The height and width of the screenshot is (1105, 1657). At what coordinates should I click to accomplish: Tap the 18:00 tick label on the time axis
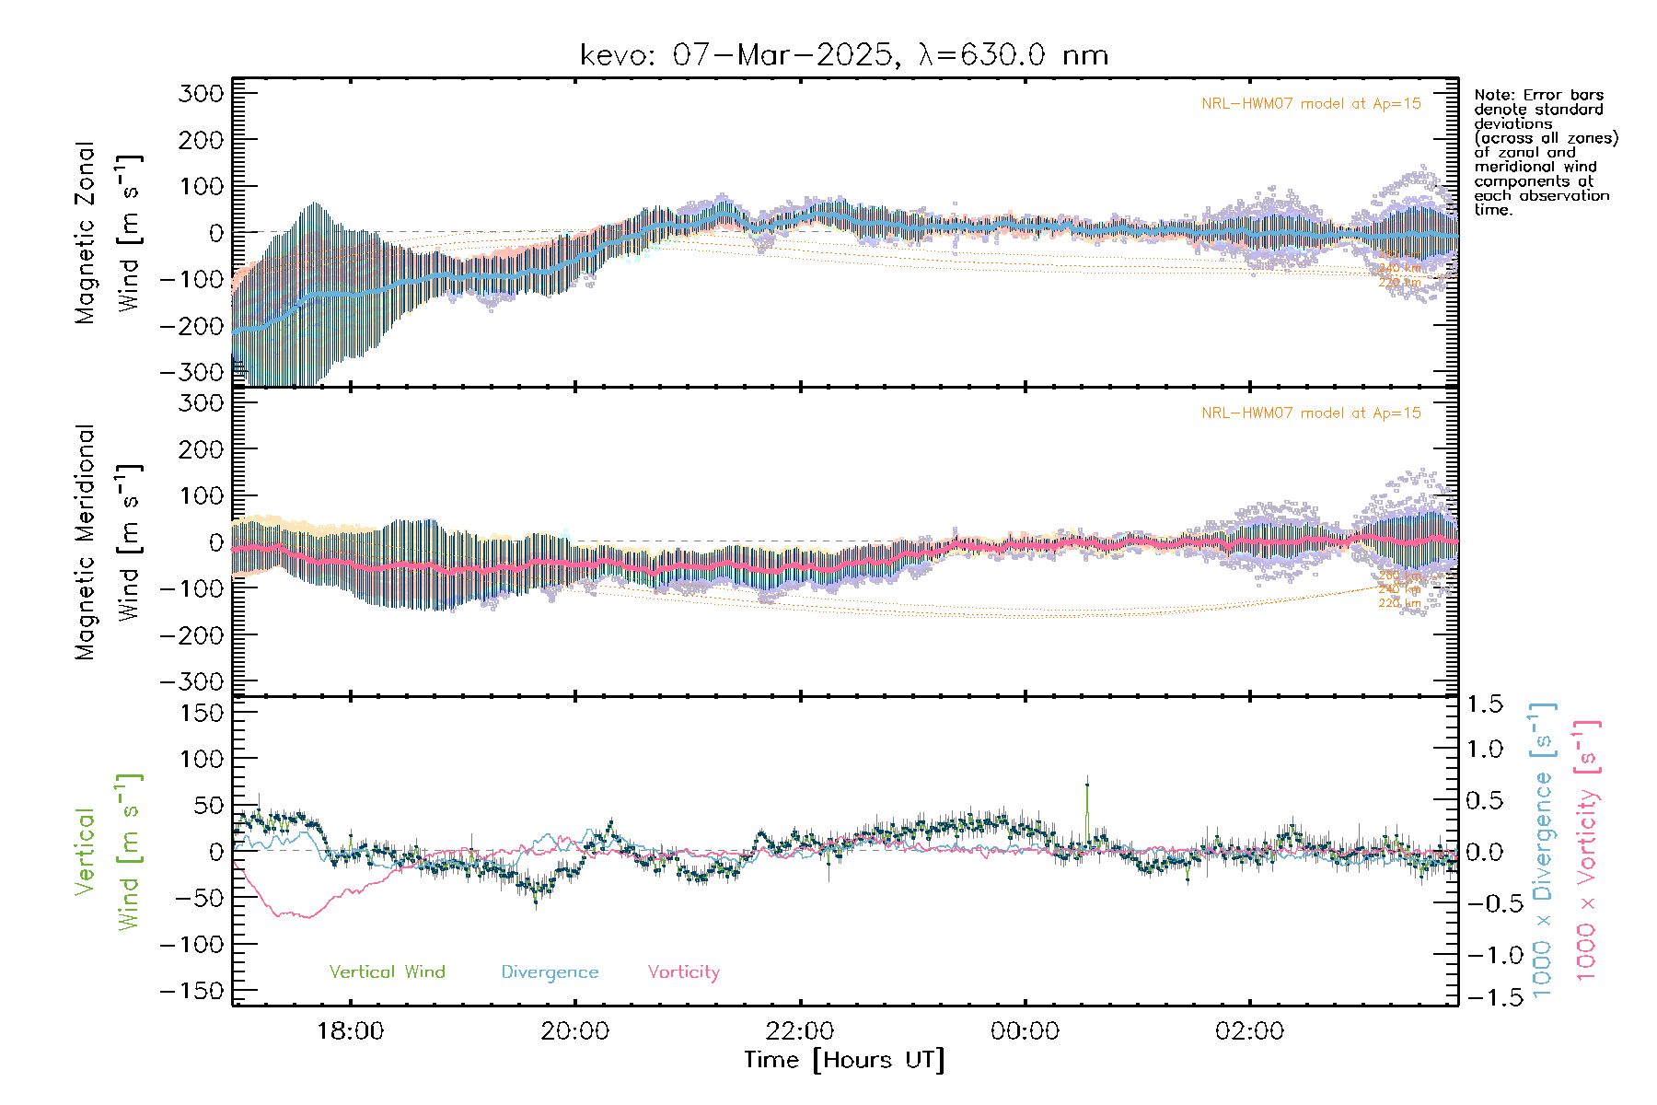coord(350,1031)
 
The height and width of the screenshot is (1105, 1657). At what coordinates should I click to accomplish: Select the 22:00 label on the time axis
coord(800,1031)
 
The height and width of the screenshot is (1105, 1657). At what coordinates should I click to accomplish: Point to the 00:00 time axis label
coord(1025,1031)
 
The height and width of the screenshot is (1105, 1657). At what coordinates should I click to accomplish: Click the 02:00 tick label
coord(1249,1031)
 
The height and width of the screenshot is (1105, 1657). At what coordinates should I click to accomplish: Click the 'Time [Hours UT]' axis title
coord(844,1060)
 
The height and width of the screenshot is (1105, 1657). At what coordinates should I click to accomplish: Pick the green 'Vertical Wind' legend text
coord(387,971)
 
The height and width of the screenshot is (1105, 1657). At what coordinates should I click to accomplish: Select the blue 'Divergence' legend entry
coord(550,971)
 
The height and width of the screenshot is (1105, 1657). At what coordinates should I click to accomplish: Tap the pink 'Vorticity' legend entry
coord(683,971)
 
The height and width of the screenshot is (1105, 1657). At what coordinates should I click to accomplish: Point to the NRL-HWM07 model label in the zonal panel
coord(1311,104)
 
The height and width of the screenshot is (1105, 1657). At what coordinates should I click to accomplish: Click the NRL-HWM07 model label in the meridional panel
coord(1311,413)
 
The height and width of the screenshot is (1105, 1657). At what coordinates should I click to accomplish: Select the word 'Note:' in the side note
coord(1495,95)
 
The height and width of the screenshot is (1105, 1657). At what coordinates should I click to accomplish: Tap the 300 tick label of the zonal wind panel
coord(202,93)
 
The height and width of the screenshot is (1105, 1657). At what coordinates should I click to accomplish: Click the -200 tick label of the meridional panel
coord(192,635)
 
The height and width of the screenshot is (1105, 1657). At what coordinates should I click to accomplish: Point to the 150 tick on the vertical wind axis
coord(202,713)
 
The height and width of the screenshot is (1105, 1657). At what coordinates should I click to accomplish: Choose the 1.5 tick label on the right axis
coord(1484,704)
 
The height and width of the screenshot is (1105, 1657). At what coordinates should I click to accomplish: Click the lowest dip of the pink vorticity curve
coord(307,917)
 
